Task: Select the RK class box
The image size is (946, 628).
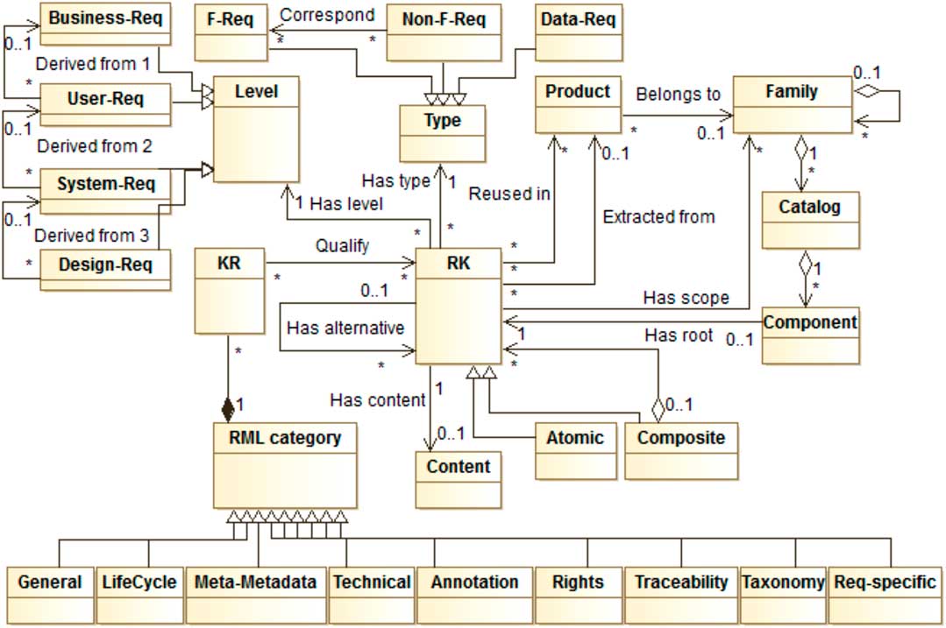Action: pos(458,306)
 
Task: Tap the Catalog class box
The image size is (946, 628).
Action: pos(808,221)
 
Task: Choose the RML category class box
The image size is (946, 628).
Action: pos(285,465)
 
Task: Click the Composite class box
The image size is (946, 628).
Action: pos(681,450)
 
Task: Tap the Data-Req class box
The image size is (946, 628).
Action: pos(578,32)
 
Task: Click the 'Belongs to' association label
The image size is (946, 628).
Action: pos(678,93)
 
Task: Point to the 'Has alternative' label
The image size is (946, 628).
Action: pos(345,328)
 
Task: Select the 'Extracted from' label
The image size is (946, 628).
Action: pos(658,216)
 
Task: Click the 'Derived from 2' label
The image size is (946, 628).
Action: pos(94,146)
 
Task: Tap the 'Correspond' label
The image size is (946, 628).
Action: pos(327,15)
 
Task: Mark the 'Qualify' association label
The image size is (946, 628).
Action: pos(342,246)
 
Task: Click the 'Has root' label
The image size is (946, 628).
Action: pos(679,335)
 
